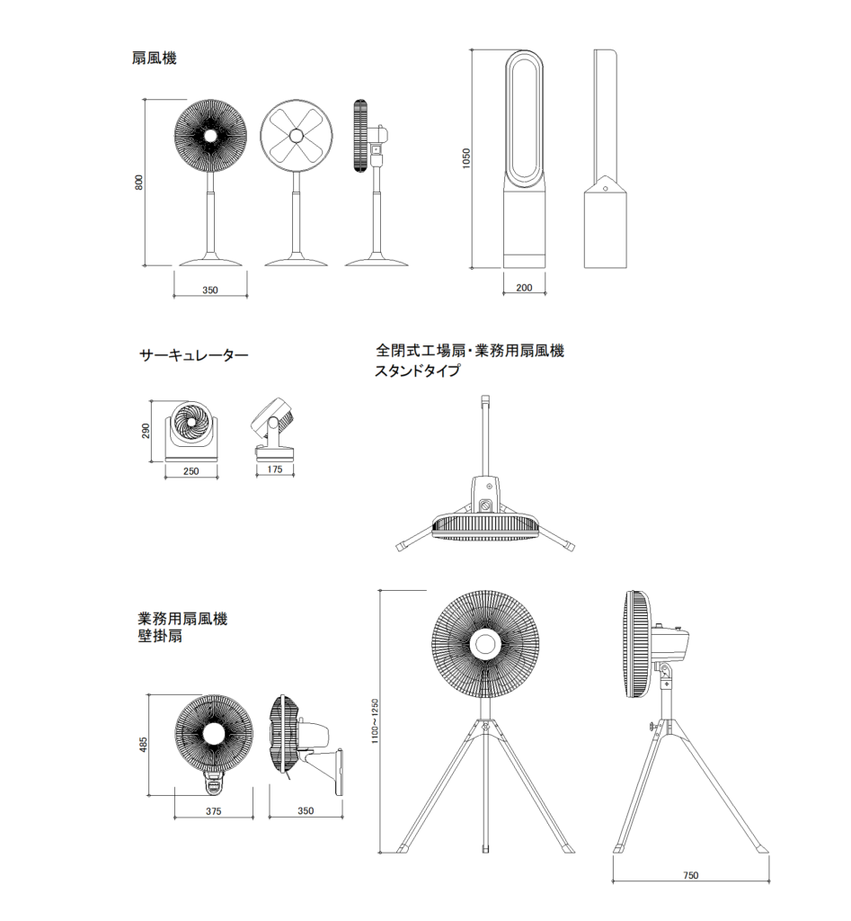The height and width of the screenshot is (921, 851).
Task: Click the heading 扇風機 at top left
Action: click(154, 59)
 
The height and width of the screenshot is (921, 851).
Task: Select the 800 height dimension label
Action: click(138, 183)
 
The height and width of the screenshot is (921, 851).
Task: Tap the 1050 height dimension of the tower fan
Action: click(465, 158)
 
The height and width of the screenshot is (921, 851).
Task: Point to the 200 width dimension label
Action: click(525, 288)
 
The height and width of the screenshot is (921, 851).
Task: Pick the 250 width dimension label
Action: click(191, 470)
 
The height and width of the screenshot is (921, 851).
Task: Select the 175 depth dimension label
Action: click(275, 470)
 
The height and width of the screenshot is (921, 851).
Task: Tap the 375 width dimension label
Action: click(213, 811)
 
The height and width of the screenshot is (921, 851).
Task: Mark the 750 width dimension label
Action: click(690, 875)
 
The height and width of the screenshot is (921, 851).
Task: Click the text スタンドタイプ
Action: click(419, 371)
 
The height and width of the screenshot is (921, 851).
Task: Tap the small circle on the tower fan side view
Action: click(606, 189)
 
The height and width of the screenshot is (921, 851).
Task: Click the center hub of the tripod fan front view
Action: click(486, 645)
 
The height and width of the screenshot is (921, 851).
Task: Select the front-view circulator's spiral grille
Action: click(191, 423)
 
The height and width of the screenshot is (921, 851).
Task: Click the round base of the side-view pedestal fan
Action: click(377, 262)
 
